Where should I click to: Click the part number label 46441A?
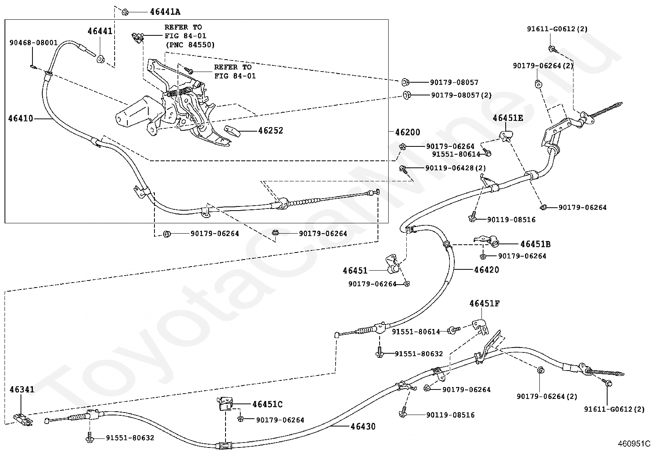(165, 12)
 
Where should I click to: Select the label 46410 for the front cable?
(21, 118)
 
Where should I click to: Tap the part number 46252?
(271, 130)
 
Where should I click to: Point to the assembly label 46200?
(408, 132)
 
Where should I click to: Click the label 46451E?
(508, 118)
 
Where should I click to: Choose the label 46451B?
(535, 244)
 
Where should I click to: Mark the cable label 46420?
(486, 269)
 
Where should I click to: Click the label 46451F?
(484, 304)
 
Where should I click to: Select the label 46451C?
(267, 404)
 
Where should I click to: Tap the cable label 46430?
(363, 426)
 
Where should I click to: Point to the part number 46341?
(22, 389)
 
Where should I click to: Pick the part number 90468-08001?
(34, 43)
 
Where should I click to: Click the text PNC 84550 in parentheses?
(190, 45)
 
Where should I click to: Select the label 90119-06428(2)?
(456, 168)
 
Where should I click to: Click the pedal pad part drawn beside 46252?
(232, 131)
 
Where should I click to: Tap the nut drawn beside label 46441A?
(125, 12)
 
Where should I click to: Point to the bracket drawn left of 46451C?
(224, 404)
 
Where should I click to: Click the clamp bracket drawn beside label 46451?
(392, 264)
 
